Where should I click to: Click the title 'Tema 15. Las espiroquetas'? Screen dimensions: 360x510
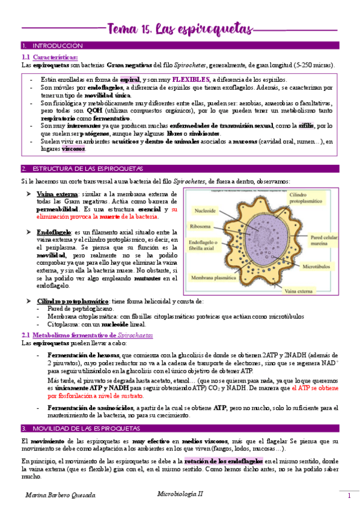coord(180,28)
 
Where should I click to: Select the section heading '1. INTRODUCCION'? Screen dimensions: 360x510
coord(52,46)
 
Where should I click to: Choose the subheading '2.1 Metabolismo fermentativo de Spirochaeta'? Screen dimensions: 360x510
coord(87,335)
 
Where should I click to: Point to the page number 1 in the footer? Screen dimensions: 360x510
coord(349,496)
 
